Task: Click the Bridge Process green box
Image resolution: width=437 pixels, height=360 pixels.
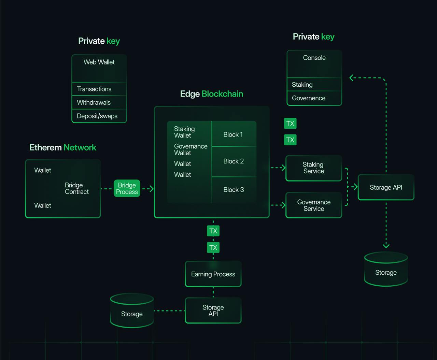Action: point(127,188)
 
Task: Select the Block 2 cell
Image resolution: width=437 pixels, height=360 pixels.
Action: point(234,161)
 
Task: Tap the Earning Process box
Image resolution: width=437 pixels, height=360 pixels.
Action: point(213,274)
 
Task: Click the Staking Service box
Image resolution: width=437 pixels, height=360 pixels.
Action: point(313,168)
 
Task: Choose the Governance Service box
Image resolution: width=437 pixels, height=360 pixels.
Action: point(313,205)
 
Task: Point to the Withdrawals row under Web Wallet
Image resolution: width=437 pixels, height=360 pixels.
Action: point(99,102)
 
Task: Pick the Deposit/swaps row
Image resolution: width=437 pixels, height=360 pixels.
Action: point(99,116)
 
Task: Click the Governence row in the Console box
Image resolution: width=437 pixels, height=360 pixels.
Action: point(314,98)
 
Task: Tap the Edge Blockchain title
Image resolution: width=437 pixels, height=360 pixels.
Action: point(212,94)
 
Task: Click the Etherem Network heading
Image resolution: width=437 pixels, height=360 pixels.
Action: point(63,147)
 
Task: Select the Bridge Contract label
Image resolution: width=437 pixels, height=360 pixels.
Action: point(76,188)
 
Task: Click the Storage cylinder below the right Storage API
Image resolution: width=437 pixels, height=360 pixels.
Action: point(386,270)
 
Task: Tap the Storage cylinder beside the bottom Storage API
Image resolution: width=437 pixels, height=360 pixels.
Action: point(132,311)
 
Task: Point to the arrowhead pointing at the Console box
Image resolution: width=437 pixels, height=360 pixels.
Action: point(351,78)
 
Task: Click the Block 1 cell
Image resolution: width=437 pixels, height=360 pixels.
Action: point(234,134)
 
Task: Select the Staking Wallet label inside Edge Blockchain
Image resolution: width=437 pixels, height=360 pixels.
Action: point(184,132)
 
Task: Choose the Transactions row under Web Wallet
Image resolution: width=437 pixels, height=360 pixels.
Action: point(99,89)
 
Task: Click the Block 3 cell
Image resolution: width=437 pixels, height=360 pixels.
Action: point(234,190)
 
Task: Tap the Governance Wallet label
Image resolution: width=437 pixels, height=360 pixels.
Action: point(191,149)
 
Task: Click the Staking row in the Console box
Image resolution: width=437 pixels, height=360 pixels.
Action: point(314,85)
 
